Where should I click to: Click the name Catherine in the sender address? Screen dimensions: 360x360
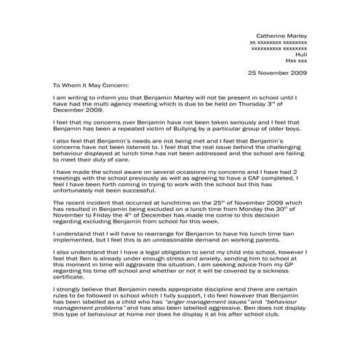coord(271,36)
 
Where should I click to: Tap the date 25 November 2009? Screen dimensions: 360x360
coord(278,73)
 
